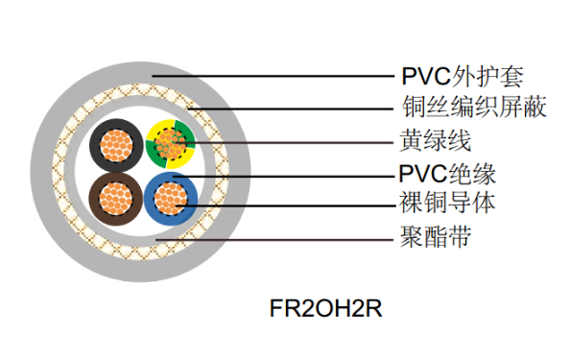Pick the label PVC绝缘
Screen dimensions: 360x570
click(x=446, y=175)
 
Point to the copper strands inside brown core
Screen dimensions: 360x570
click(x=116, y=200)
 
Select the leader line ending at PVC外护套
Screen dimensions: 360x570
click(x=288, y=76)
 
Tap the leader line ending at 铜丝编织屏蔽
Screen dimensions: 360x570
click(x=307, y=108)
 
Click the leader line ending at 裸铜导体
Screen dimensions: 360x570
click(x=288, y=204)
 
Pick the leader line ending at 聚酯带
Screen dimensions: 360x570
click(x=288, y=236)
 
